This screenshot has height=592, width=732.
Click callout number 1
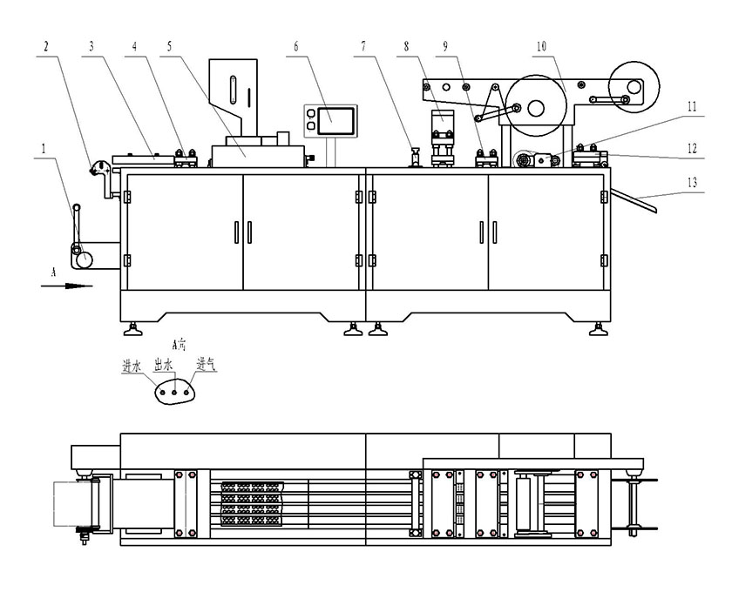[41, 149]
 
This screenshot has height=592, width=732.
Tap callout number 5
[168, 46]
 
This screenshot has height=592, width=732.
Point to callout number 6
[295, 46]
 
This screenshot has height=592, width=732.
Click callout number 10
[542, 46]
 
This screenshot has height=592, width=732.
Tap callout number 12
[691, 149]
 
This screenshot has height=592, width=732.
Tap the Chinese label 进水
[132, 366]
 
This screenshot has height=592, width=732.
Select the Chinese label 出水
[163, 366]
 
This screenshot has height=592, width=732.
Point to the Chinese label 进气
[206, 366]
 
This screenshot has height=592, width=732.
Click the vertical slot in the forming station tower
[234, 91]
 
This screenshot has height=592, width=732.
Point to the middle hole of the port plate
[174, 393]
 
